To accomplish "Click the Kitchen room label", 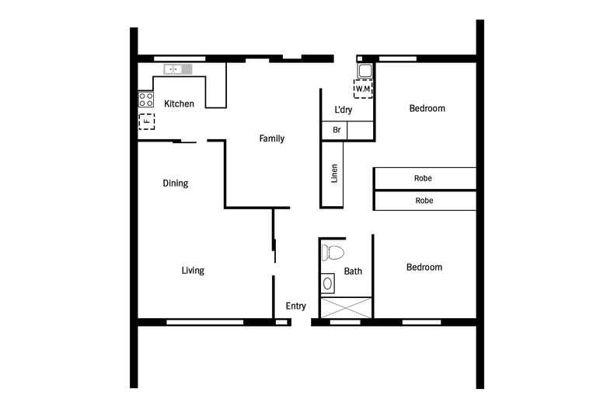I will (179, 104).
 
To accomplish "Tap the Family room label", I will (272, 139).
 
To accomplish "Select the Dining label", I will (176, 184).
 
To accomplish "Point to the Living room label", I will (193, 271).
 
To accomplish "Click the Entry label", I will (295, 307).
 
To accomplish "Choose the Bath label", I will (354, 272).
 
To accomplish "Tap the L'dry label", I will (343, 110).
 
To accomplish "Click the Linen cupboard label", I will (334, 173).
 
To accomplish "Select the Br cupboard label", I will (337, 131).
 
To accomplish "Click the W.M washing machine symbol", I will (363, 88).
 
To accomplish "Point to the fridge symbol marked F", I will (146, 121).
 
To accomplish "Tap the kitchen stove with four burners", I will (146, 99).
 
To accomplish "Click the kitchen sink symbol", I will (177, 69).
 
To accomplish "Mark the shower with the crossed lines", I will (346, 307).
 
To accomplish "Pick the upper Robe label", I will (423, 179).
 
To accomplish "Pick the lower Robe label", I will (423, 201).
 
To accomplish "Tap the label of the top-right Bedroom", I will (427, 108).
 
